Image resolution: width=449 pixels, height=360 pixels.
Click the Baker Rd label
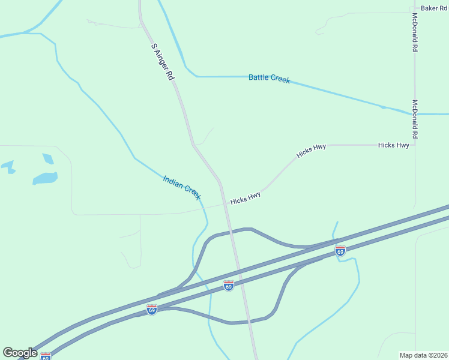coord(434,8)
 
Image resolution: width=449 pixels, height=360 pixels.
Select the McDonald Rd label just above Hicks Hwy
coord(415,119)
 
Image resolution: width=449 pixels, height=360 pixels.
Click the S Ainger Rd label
coord(162,62)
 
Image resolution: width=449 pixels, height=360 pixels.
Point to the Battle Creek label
coord(270,78)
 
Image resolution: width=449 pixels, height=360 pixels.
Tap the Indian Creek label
coord(182,187)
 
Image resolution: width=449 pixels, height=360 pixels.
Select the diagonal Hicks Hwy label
coord(311,151)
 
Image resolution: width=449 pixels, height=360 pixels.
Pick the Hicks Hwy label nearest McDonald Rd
coord(394,145)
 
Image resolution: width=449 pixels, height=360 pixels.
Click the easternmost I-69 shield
coord(340,251)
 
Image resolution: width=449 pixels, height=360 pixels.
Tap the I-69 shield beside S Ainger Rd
coord(228,286)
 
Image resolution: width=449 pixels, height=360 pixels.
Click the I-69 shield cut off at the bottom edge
coord(46,356)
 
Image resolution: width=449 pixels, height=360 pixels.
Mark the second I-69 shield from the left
coord(152,309)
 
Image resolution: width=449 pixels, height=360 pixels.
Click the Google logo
coord(20,353)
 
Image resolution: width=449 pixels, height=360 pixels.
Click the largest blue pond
coord(45,178)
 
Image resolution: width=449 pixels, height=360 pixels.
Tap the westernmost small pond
coord(8,166)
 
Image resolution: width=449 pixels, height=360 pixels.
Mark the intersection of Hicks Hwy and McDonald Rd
coord(415,145)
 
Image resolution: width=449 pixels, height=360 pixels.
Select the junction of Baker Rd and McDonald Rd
coord(415,10)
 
